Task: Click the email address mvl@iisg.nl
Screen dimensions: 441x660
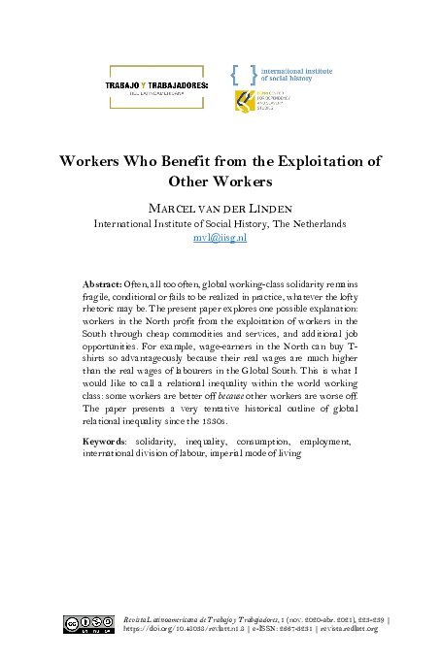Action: click(220, 237)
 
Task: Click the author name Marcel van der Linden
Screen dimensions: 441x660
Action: click(220, 208)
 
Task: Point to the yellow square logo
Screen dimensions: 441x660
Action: click(243, 102)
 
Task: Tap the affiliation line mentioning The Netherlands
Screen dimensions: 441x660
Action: click(220, 223)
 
